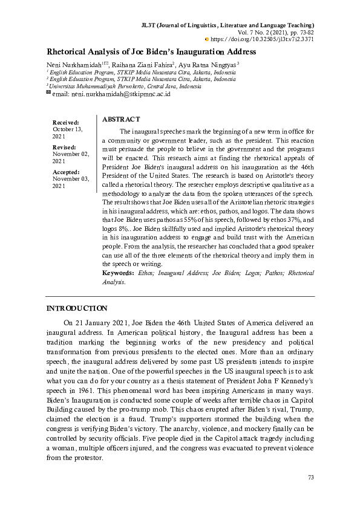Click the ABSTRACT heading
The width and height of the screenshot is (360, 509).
121,120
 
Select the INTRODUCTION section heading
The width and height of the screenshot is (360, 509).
77,308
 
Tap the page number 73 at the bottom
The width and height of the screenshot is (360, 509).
311,478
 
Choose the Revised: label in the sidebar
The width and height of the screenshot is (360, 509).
64,148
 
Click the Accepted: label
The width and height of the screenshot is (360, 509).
66,172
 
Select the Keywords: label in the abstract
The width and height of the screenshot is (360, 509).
119,274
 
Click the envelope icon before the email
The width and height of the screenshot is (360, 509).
49,94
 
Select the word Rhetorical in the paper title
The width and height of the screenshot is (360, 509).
71,52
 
